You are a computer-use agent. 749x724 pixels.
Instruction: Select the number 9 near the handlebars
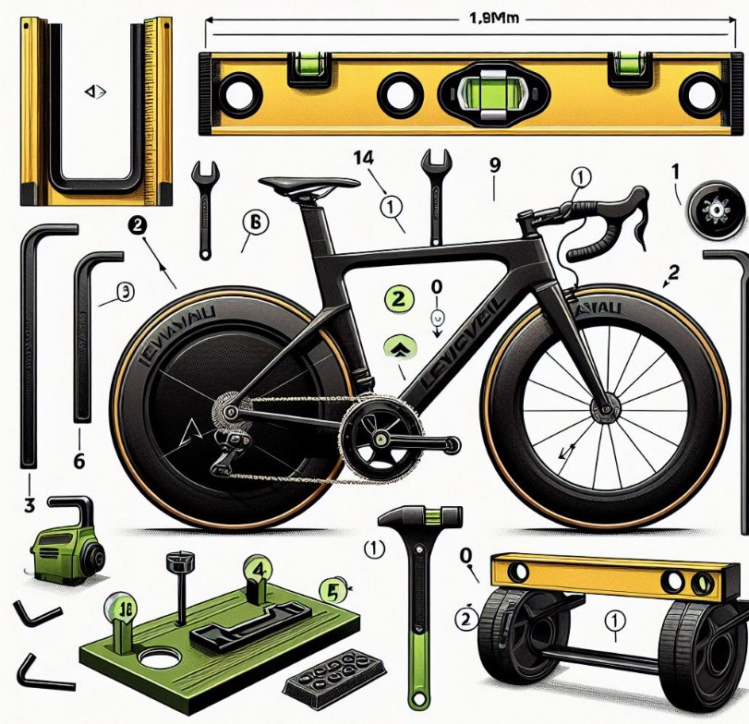[x=495, y=166]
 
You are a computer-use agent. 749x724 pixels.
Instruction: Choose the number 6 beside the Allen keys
[x=79, y=460]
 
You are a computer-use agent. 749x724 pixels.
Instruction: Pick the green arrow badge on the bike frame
[x=398, y=347]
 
